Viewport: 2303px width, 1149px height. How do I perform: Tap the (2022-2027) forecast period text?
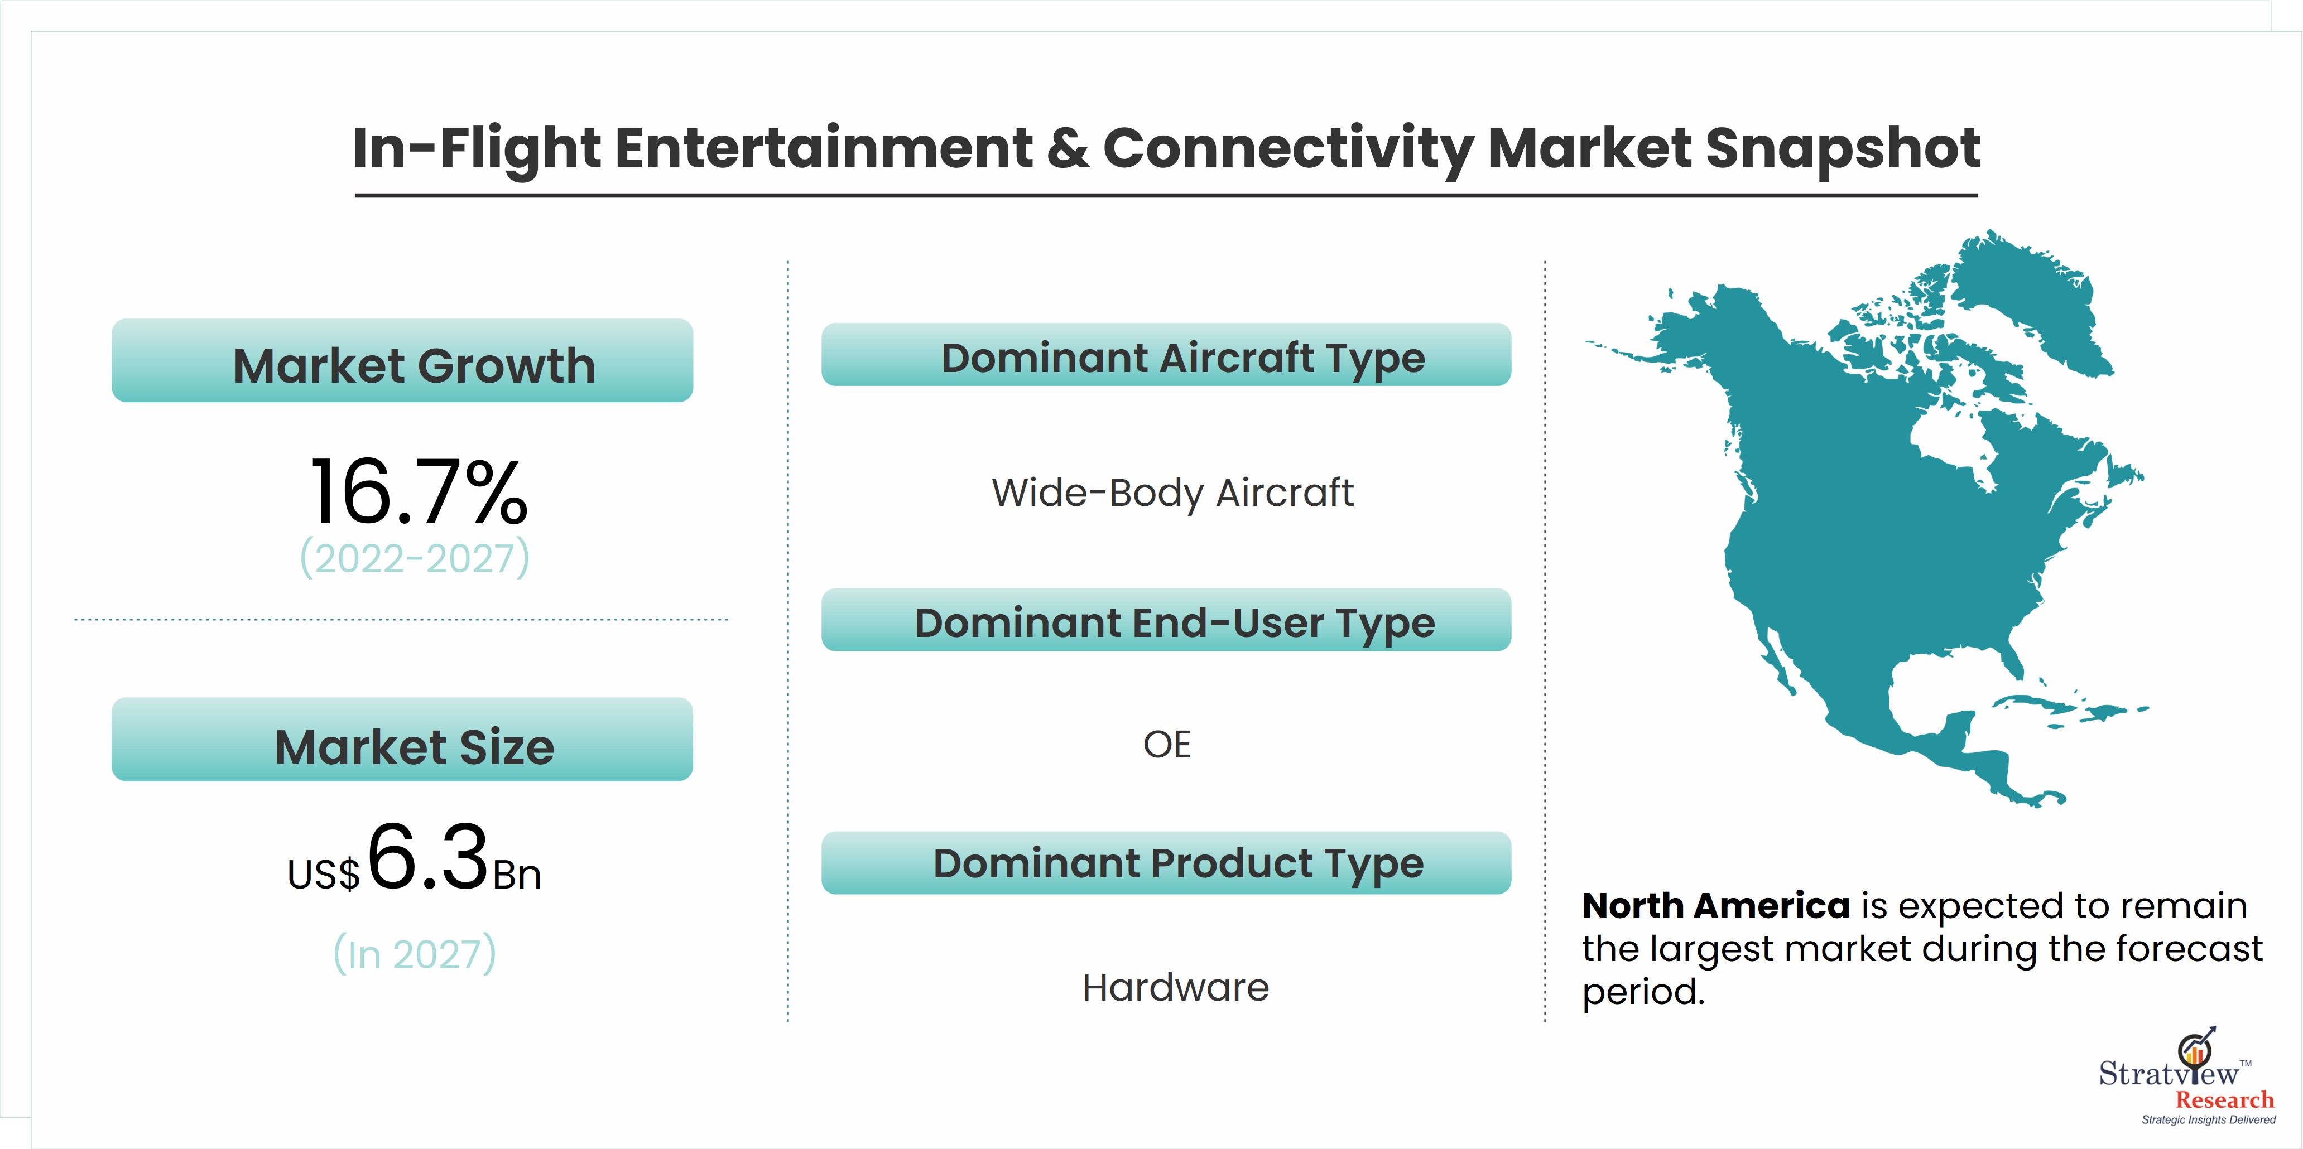415,558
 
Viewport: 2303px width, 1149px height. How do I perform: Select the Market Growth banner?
402,360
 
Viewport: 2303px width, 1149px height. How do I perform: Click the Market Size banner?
402,739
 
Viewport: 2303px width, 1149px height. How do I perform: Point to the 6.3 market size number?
427,858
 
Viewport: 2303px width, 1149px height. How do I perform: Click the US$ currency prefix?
324,875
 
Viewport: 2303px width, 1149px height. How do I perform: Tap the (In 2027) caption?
415,954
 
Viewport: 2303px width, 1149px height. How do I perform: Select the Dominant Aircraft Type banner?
1166,355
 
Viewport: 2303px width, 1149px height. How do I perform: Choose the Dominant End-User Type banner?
1166,620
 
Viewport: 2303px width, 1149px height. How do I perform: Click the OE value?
1167,744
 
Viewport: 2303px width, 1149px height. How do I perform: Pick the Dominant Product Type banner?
1166,863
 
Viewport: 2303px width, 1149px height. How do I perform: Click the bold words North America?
1715,906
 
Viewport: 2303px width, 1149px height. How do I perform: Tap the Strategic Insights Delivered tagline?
2208,1119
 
